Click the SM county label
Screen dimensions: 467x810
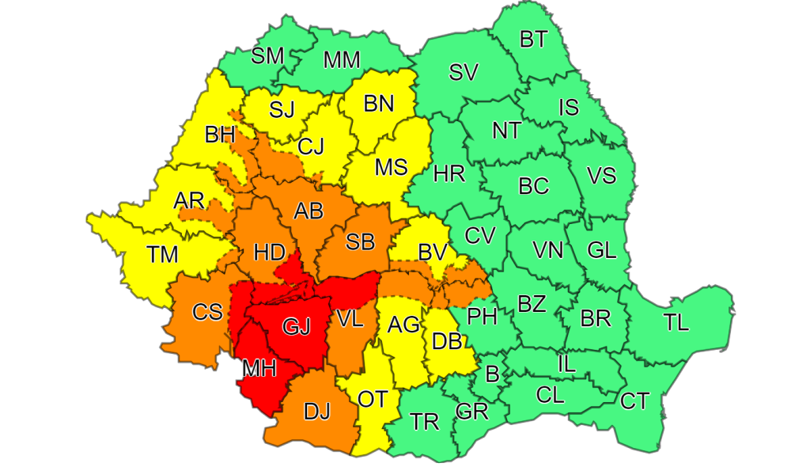(x=268, y=55)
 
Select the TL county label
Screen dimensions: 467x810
(x=676, y=322)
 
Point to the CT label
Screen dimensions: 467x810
(x=634, y=401)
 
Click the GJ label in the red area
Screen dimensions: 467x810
(x=296, y=327)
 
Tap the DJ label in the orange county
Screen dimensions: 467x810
(x=316, y=412)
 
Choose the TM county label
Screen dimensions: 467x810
(x=162, y=254)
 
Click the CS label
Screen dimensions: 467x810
(x=207, y=313)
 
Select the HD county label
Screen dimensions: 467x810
(x=269, y=252)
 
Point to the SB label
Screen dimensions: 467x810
(x=360, y=242)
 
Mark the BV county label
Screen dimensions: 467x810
(x=433, y=252)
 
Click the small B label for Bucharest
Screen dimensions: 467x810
(x=492, y=374)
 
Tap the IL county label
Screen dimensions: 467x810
(x=566, y=364)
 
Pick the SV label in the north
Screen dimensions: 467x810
(x=464, y=72)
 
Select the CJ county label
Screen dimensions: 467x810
(x=310, y=146)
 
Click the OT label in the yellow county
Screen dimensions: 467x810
(x=373, y=399)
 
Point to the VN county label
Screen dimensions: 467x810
(x=547, y=250)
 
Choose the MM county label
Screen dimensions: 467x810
(x=342, y=59)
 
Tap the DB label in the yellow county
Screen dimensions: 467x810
(x=448, y=340)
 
